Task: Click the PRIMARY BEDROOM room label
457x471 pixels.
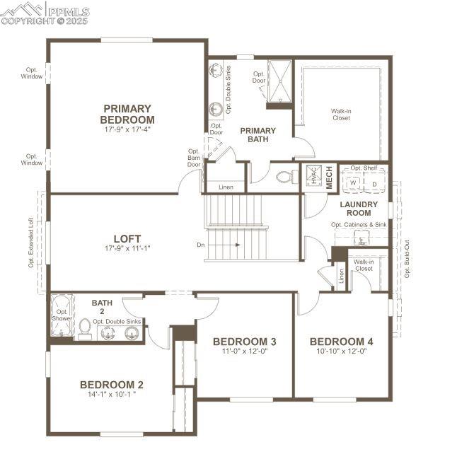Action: click(x=127, y=114)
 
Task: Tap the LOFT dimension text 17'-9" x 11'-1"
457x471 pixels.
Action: click(x=127, y=249)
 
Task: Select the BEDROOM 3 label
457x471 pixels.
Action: click(x=244, y=342)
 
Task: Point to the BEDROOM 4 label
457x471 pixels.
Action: click(x=341, y=342)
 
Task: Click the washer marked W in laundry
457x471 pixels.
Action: click(x=352, y=182)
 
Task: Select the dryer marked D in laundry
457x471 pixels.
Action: click(x=374, y=182)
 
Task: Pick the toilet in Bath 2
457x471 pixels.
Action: click(x=85, y=328)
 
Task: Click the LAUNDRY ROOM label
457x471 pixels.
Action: click(x=359, y=209)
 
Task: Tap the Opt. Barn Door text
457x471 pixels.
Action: click(x=194, y=158)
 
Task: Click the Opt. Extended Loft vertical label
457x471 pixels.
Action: click(x=31, y=242)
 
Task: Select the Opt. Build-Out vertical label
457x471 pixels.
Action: click(x=407, y=259)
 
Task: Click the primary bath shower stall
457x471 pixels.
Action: click(x=279, y=83)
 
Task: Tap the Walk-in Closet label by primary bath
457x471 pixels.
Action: click(x=341, y=114)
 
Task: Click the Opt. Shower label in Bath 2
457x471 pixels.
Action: click(x=62, y=314)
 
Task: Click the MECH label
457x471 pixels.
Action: click(x=329, y=177)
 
